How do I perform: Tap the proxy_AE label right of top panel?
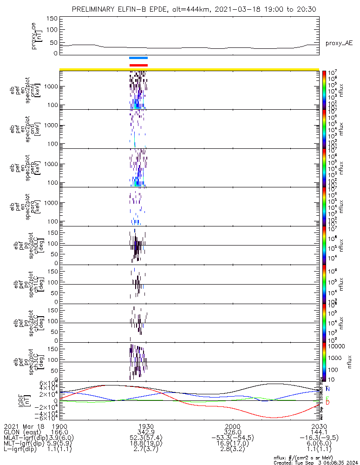coord(339,43)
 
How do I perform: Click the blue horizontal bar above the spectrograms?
coord(138,58)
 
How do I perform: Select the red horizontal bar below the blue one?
coord(138,65)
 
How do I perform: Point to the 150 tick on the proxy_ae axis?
coord(52,18)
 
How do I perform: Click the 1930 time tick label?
coord(146,426)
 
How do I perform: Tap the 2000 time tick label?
coord(233,426)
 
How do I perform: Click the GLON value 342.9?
coord(146,432)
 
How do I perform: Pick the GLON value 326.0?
coord(233,432)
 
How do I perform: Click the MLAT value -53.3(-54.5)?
coord(233,438)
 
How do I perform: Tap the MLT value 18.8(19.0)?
coord(146,443)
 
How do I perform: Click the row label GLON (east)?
coord(20,432)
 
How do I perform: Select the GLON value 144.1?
coord(319,432)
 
